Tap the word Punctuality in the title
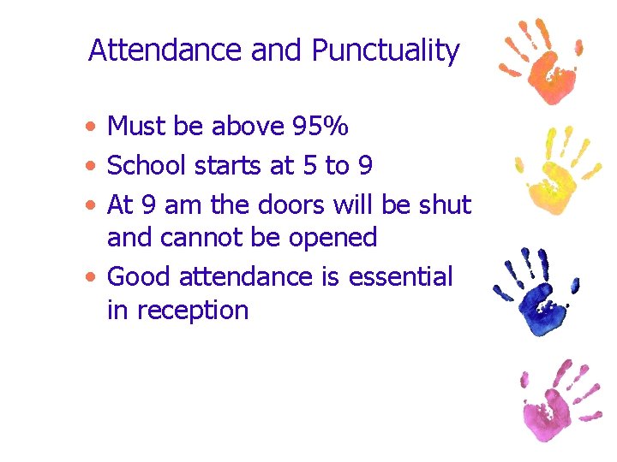click(385, 52)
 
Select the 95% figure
click(320, 127)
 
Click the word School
click(150, 165)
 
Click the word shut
click(443, 204)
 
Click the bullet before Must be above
click(91, 127)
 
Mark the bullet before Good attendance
click(91, 277)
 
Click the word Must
click(137, 127)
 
